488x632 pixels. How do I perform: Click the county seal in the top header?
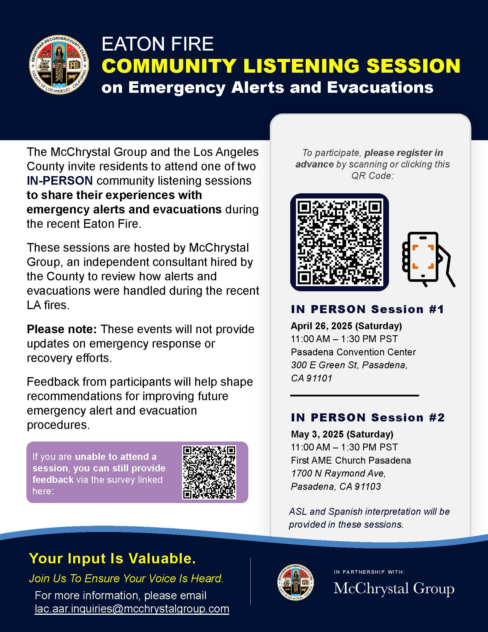[59, 65]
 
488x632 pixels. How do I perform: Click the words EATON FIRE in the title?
[158, 44]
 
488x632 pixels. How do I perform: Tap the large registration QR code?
[339, 242]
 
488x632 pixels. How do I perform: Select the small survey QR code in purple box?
[209, 472]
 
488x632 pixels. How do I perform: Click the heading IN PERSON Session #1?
[367, 309]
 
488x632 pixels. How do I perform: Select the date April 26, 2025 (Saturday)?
[346, 326]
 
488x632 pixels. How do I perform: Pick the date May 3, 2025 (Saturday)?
[342, 434]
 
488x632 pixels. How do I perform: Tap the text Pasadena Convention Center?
[353, 352]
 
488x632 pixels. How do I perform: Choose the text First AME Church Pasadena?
[351, 460]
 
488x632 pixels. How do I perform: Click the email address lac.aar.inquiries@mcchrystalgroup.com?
[132, 609]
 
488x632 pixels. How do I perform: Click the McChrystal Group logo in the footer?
[394, 589]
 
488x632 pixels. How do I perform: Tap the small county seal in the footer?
[295, 582]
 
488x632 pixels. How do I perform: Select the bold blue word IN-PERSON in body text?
[60, 181]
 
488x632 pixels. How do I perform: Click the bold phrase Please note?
[62, 329]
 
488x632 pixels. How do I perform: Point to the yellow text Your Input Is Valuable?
[113, 558]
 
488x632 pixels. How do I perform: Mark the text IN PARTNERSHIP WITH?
[369, 572]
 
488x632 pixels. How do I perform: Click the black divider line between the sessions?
[355, 395]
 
